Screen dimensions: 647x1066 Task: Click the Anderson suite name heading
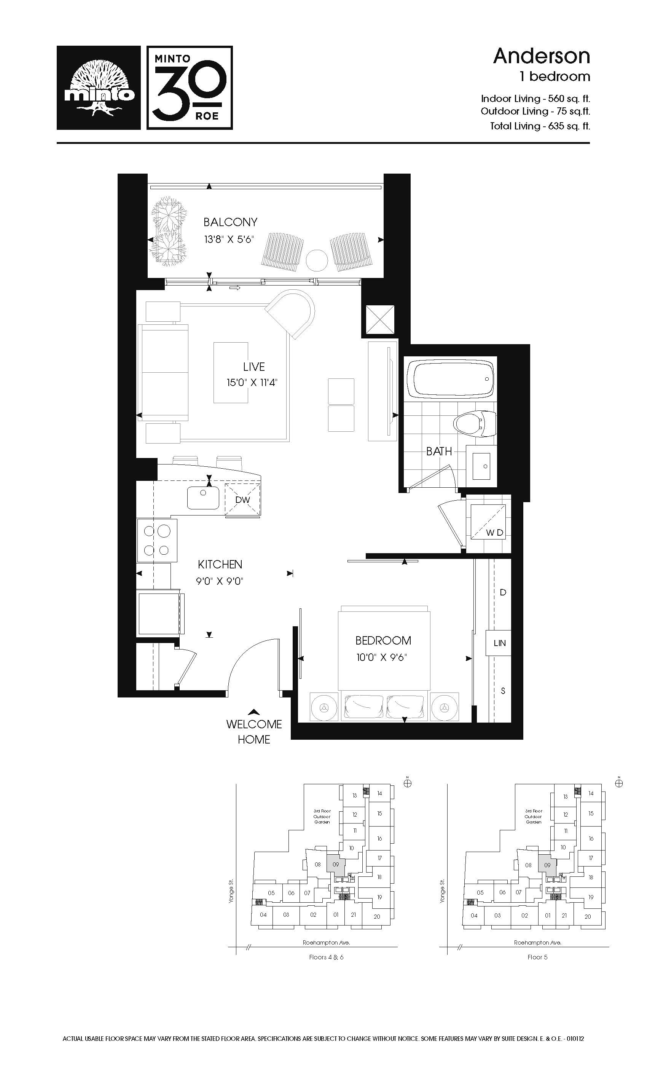tap(542, 56)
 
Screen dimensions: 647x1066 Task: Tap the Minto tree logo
tap(99, 88)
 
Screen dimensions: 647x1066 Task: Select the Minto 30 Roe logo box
tap(190, 88)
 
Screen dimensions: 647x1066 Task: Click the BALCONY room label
tap(231, 222)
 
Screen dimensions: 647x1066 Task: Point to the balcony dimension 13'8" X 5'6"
tap(229, 239)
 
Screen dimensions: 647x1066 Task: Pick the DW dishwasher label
tap(243, 499)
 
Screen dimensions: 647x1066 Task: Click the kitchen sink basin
tap(203, 498)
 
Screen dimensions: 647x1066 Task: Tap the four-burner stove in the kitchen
tap(157, 540)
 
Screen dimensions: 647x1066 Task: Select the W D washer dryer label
tap(495, 533)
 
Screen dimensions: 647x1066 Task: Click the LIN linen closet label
tap(499, 643)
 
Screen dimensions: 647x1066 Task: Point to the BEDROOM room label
tap(383, 640)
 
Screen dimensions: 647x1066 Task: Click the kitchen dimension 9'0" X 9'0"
tap(220, 581)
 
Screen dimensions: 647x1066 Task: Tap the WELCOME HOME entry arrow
tap(254, 712)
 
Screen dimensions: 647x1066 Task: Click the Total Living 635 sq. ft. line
tap(540, 126)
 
